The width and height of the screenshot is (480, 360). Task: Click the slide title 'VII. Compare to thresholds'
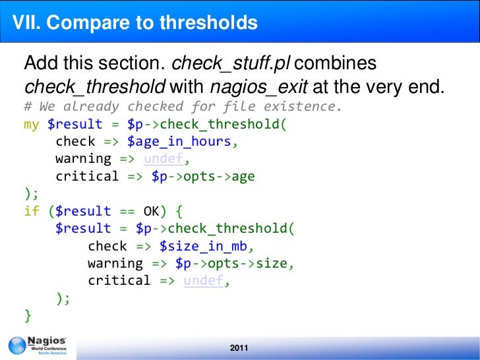click(x=135, y=23)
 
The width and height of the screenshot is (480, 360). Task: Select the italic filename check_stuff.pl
click(x=231, y=63)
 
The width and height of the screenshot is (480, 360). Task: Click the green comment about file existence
click(x=183, y=107)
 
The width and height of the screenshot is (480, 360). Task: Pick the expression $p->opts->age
click(x=202, y=176)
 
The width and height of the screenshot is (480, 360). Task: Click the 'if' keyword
click(x=32, y=211)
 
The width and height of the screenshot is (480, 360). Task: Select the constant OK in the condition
click(x=151, y=211)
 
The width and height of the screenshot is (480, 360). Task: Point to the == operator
click(x=127, y=211)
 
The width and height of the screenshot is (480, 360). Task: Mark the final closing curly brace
click(x=28, y=315)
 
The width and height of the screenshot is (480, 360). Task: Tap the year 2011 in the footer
click(x=239, y=348)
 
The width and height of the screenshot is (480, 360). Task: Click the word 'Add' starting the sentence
click(x=41, y=63)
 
